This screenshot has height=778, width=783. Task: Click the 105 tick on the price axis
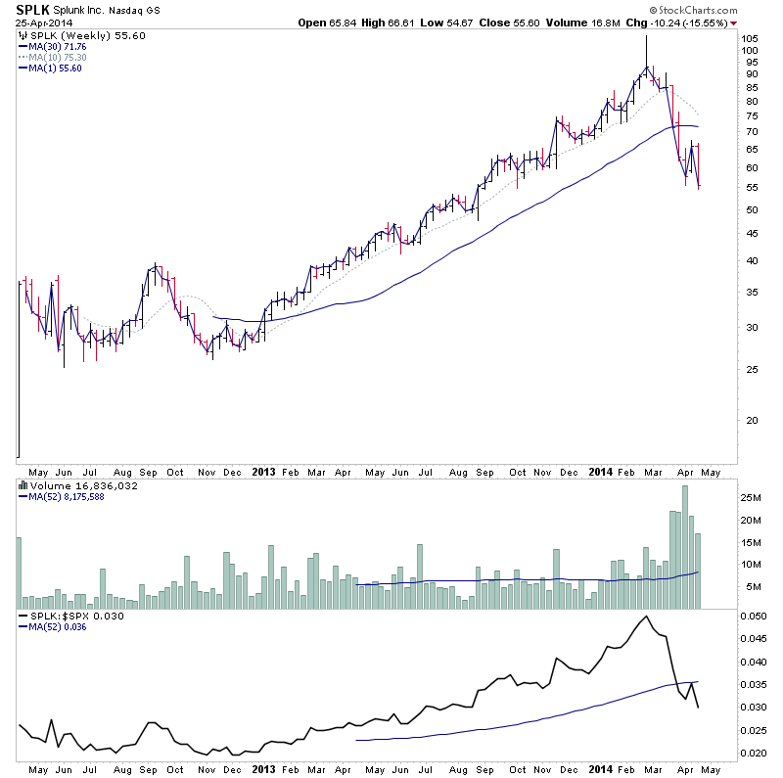[x=750, y=39]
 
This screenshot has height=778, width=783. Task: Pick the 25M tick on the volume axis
[x=752, y=498]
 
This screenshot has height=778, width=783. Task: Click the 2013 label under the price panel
[x=264, y=471]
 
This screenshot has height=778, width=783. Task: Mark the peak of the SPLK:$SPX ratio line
[x=646, y=617]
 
